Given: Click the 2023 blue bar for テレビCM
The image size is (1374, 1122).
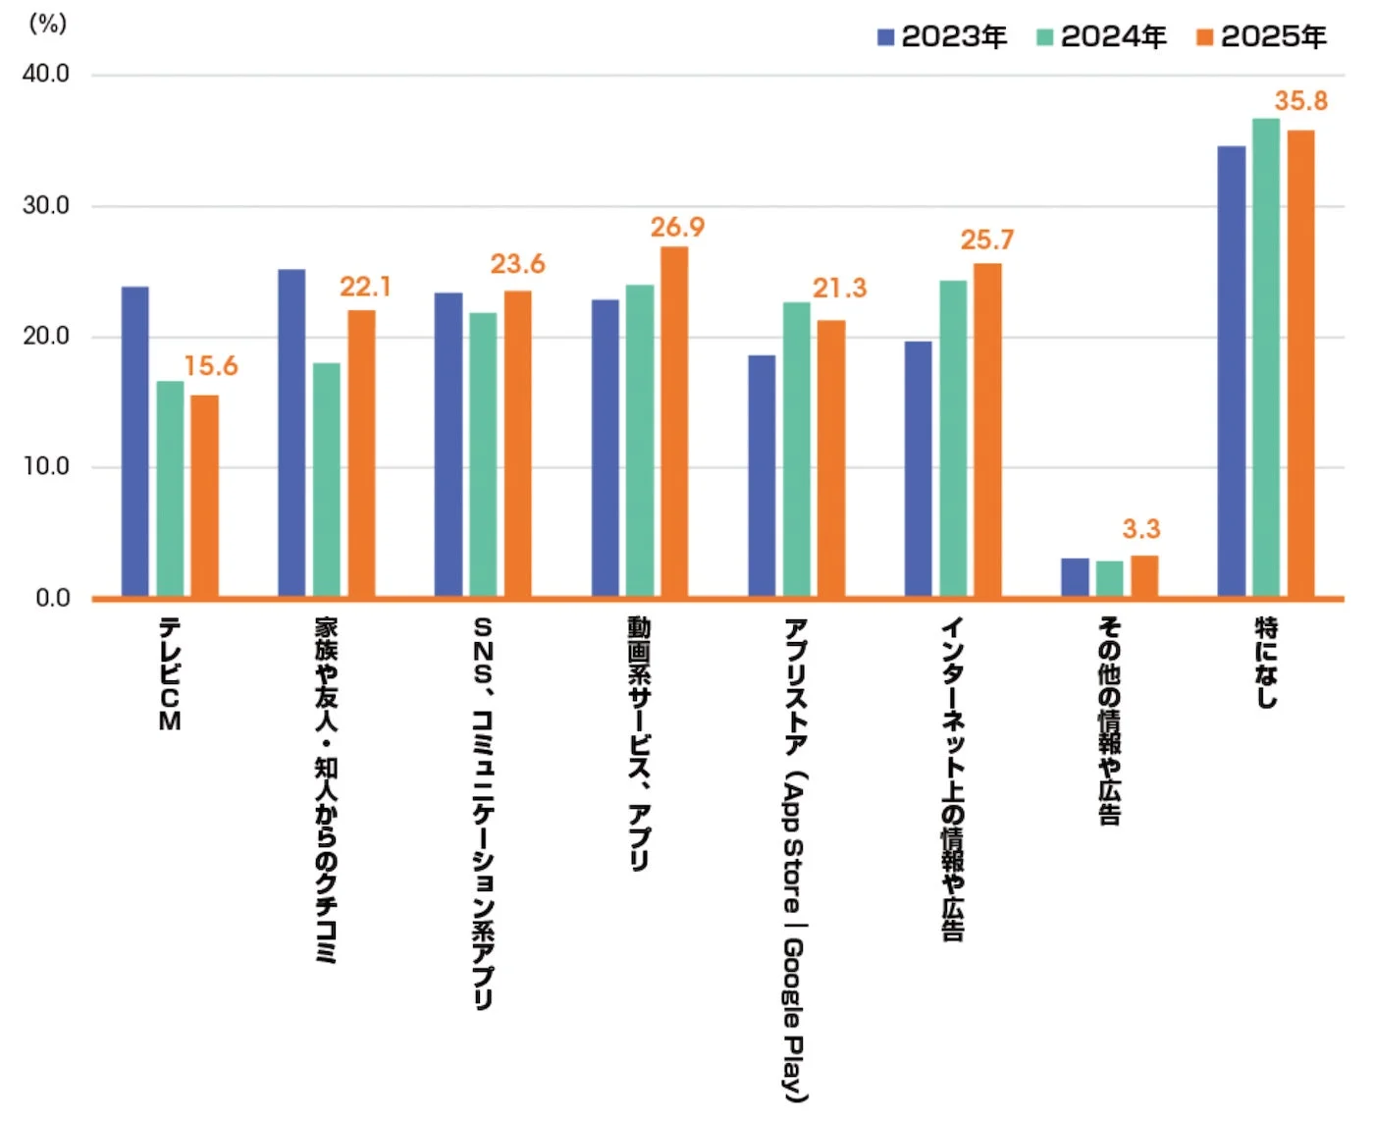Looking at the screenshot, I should [135, 442].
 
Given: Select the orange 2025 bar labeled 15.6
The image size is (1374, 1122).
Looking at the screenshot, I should [204, 496].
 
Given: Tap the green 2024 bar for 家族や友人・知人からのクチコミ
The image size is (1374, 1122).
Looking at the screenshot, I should [327, 479].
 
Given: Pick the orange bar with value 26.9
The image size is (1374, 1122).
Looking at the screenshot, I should [674, 421].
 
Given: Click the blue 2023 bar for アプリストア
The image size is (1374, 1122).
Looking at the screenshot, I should [762, 475].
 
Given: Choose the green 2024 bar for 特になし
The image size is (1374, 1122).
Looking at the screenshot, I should [1266, 357].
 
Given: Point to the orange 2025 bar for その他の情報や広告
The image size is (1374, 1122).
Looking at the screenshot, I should [1144, 576].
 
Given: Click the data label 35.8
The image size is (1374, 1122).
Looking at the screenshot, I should [1300, 101].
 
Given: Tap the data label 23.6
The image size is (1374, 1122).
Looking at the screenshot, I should [517, 264].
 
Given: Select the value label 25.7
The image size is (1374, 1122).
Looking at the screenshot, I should [986, 240].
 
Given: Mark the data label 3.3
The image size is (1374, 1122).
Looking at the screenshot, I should [1141, 529].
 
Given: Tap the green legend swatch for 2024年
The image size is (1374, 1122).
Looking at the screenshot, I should [1045, 37].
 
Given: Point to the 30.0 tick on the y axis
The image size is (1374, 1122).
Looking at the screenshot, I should [46, 206].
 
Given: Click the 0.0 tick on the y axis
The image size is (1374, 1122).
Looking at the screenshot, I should [53, 598].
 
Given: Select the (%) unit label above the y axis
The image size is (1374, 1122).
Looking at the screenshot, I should [47, 24].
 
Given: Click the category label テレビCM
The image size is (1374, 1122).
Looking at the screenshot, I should [170, 673].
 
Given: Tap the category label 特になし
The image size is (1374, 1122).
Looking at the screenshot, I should [1267, 662].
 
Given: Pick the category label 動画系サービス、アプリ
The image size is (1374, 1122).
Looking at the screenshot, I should [640, 743].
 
